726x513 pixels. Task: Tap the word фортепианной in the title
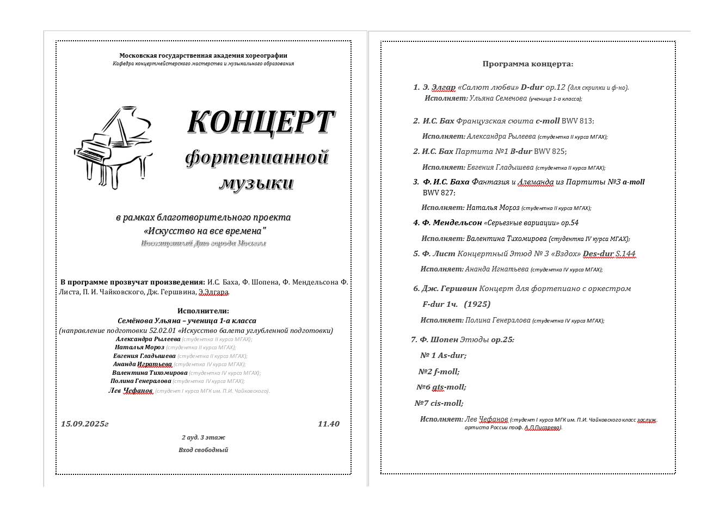click(257, 157)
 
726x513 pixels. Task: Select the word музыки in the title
click(256, 183)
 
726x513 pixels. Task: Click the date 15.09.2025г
click(85, 424)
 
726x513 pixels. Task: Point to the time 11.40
click(328, 424)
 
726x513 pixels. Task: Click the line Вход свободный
click(203, 450)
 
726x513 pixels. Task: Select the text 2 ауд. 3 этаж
click(203, 437)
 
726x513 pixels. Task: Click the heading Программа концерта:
click(527, 64)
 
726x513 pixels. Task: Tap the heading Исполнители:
click(203, 311)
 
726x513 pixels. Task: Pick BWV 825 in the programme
click(550, 151)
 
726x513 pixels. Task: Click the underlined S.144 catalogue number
click(625, 254)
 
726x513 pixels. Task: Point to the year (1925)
click(477, 304)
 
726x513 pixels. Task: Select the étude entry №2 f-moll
click(439, 372)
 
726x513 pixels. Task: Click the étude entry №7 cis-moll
click(439, 403)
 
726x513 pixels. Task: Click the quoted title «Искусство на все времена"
click(203, 231)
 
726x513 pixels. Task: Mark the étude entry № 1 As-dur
click(443, 355)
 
